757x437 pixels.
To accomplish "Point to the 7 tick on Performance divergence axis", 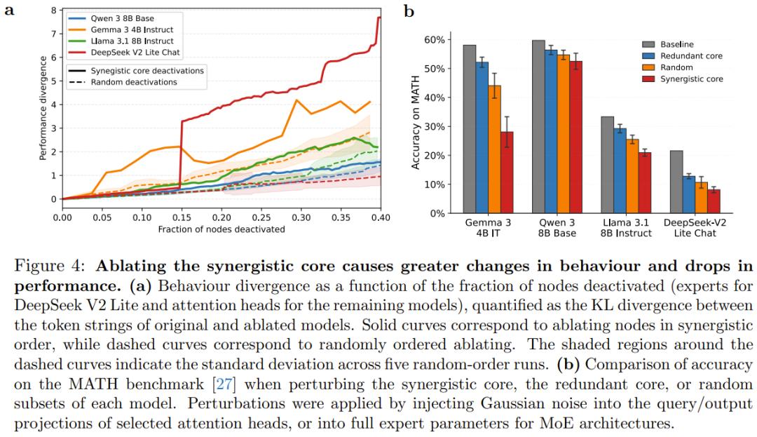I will pyautogui.click(x=54, y=34).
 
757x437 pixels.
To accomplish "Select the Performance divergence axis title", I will pyautogui.click(x=43, y=105).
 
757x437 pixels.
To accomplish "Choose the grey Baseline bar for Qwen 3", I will pyautogui.click(x=538, y=127).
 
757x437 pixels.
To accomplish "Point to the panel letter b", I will pyautogui.click(x=409, y=11).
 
